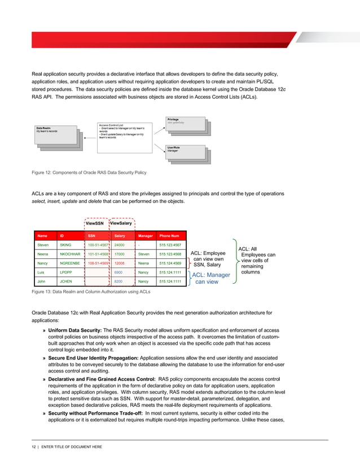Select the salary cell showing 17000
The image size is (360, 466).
[120, 254]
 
